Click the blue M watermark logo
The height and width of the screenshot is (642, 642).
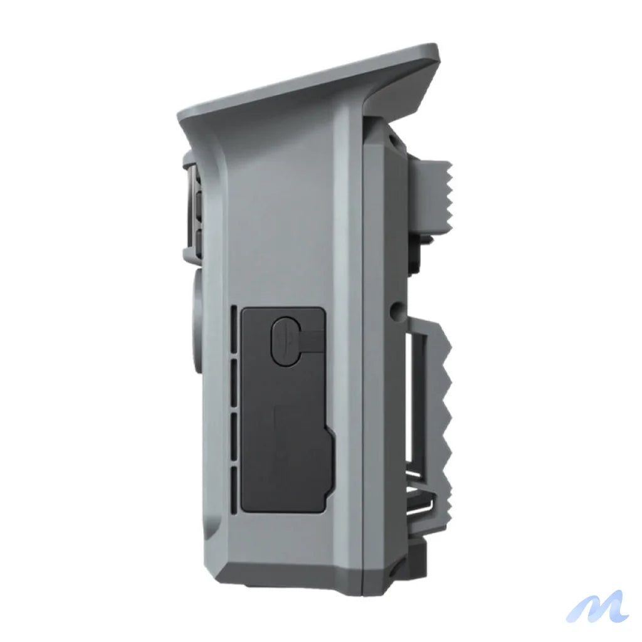(x=597, y=606)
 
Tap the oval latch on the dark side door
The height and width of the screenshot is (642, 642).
(x=285, y=339)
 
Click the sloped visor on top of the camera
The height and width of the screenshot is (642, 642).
(x=313, y=85)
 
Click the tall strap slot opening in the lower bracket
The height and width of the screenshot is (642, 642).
(x=416, y=401)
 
